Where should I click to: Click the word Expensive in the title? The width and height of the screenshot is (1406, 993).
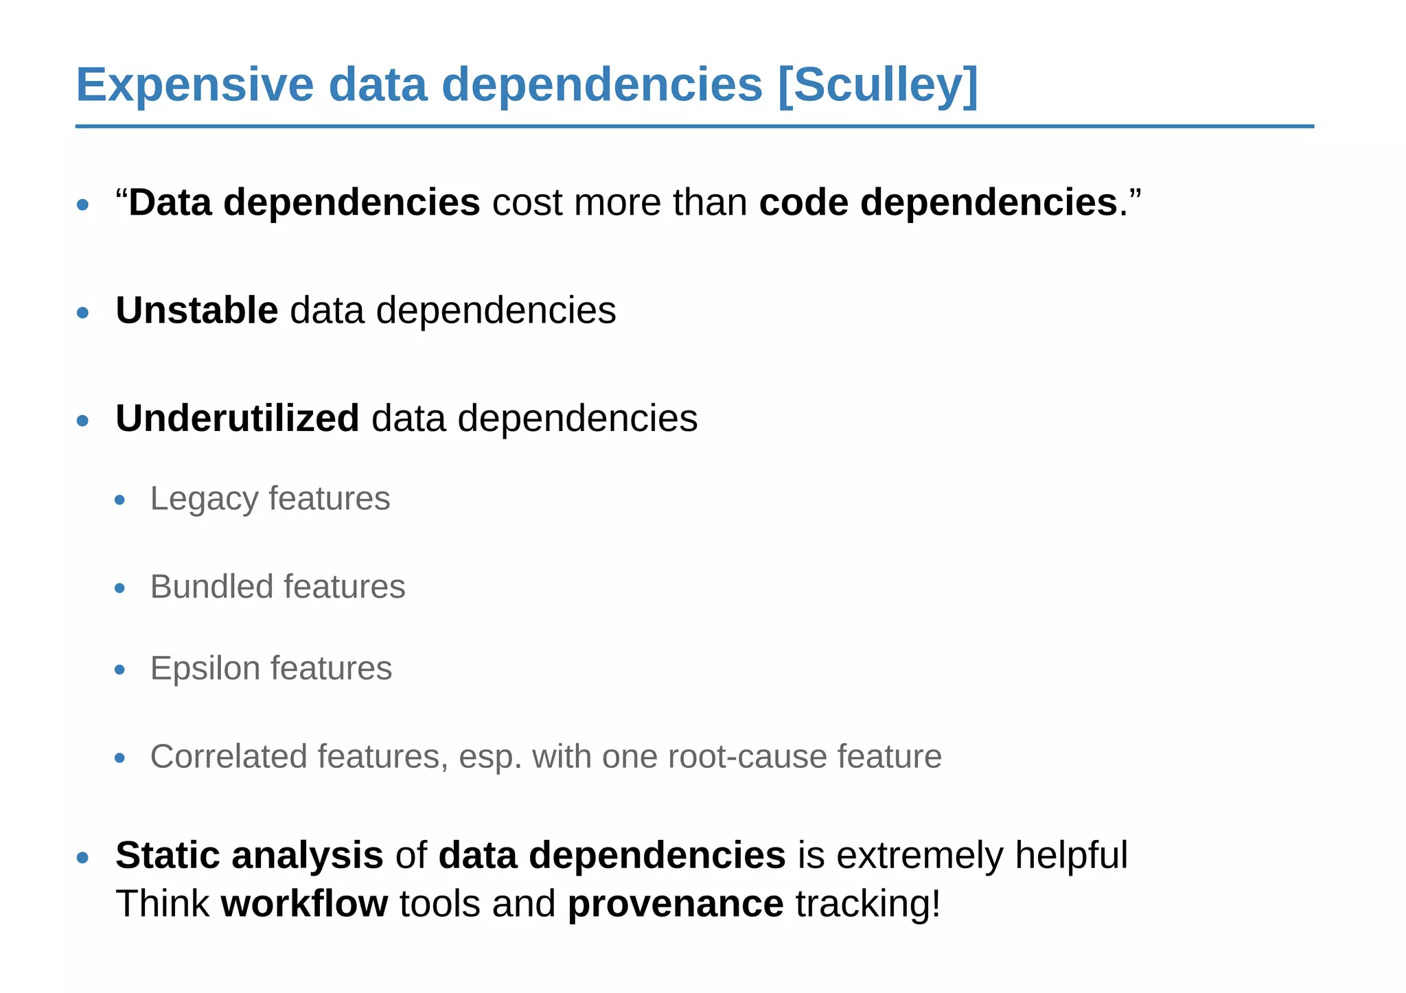pos(194,85)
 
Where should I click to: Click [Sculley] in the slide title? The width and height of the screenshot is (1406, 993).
pos(877,85)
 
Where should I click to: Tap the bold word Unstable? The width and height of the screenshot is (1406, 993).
pos(196,310)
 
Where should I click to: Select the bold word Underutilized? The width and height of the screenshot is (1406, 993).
pos(237,418)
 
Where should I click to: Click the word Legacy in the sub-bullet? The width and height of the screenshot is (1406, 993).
pos(203,499)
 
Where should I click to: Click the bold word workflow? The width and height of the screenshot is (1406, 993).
pos(304,903)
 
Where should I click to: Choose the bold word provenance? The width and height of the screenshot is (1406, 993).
pos(675,903)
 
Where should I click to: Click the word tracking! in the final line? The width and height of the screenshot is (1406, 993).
pos(868,903)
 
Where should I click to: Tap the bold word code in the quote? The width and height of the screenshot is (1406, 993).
pos(803,202)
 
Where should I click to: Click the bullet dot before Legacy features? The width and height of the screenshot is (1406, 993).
pos(120,500)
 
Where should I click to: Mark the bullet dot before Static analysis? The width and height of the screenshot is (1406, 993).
pos(83,857)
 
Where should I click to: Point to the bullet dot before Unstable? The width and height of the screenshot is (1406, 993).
pos(83,313)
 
